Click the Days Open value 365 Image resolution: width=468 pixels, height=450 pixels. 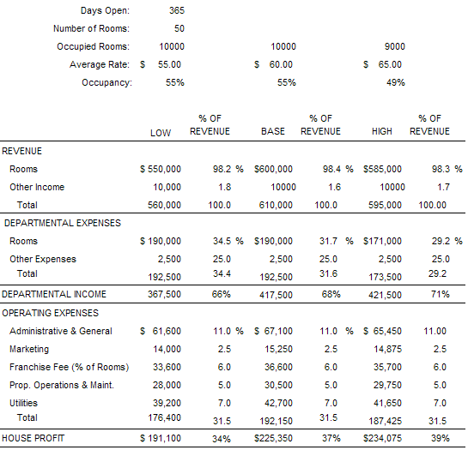click(177, 10)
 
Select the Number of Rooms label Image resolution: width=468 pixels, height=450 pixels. click(91, 28)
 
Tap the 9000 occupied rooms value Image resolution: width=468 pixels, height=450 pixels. click(394, 46)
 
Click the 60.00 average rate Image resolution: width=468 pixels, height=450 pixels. click(281, 64)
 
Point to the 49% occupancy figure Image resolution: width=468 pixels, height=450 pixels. click(396, 82)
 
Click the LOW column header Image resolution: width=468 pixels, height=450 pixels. click(161, 133)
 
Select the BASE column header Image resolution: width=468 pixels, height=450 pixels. click(273, 131)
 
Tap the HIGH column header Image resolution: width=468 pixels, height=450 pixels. click(382, 131)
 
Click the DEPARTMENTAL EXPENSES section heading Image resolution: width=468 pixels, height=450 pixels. click(63, 223)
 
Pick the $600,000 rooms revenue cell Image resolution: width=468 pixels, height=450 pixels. click(273, 169)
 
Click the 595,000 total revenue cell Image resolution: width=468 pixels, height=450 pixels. click(385, 205)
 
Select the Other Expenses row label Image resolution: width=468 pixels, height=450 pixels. click(43, 259)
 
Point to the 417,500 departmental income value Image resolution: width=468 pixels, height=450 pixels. click(276, 295)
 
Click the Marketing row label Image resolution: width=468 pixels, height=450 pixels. click(29, 349)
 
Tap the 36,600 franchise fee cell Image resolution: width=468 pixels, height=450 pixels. click(278, 367)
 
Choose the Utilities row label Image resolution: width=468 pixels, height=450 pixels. click(23, 403)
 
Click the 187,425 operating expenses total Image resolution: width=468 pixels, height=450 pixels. click(385, 421)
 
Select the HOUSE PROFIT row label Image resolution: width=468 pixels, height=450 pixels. click(33, 438)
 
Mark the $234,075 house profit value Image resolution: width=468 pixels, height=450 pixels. click(382, 438)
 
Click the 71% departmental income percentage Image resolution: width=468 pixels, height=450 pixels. click(440, 294)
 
